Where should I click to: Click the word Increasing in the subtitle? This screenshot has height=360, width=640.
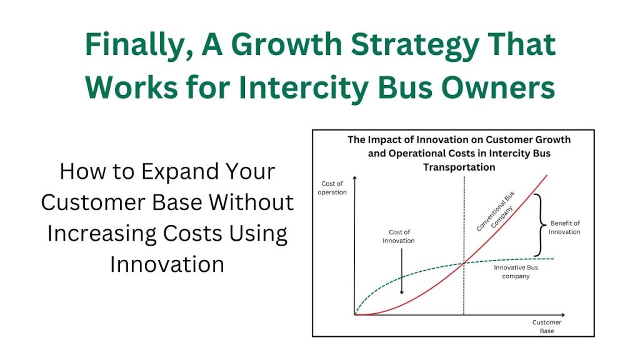click(x=102, y=234)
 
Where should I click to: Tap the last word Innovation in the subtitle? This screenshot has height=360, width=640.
click(x=167, y=264)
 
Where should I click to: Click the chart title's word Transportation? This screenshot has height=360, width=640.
click(x=459, y=167)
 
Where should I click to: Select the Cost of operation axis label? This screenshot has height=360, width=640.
click(x=332, y=187)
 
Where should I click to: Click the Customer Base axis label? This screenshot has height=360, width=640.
click(x=547, y=326)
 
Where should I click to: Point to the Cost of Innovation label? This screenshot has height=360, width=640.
click(x=399, y=236)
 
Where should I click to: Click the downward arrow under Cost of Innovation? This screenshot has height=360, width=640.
click(x=402, y=271)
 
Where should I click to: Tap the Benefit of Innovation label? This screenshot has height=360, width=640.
click(x=564, y=227)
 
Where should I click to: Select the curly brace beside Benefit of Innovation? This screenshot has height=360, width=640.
click(x=540, y=225)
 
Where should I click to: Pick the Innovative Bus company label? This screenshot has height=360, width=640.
click(x=516, y=272)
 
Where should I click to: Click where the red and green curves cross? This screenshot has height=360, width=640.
click(x=464, y=263)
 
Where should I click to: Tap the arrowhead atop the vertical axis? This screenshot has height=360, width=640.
click(x=355, y=178)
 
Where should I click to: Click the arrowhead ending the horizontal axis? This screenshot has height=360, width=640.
click(x=563, y=315)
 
